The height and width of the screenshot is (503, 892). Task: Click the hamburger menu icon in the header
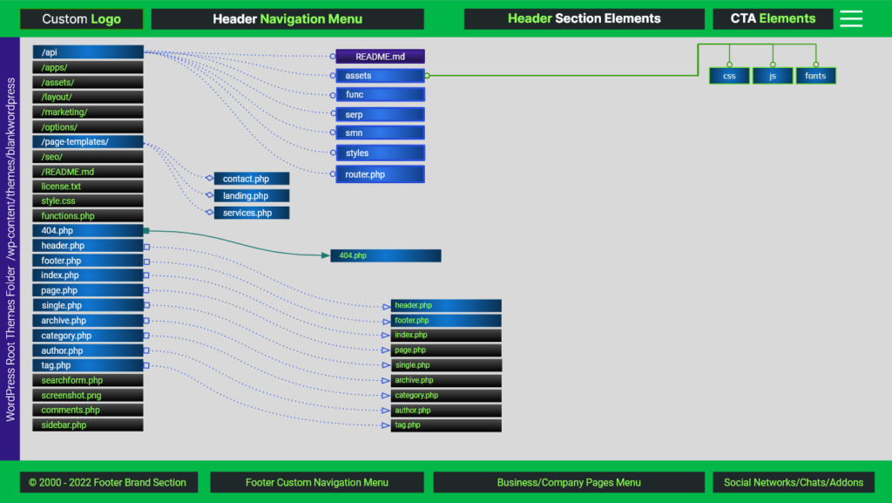pos(851,19)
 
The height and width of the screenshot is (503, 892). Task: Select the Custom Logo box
pos(82,19)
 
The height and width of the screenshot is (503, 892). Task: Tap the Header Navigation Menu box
pos(287,19)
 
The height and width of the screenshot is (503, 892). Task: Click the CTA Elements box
pos(773,19)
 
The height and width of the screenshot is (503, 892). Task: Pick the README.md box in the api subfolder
pos(380,57)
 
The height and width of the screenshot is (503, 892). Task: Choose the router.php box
pos(380,174)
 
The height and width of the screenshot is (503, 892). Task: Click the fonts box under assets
pos(815,76)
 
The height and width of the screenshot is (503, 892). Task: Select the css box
pos(729,76)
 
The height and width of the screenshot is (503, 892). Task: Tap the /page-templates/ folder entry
pos(87,142)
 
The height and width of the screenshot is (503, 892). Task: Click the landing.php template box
pos(251,196)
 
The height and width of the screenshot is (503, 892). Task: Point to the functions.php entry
pos(87,216)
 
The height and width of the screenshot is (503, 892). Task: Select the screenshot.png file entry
pos(87,395)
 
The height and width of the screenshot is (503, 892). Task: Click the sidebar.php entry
pos(87,425)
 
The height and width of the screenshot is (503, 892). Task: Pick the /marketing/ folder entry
pos(87,112)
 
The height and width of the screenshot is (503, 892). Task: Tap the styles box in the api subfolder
pos(380,153)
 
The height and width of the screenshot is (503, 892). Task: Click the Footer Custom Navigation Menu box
pos(317,482)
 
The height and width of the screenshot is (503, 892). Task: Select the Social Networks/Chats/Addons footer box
pos(794,482)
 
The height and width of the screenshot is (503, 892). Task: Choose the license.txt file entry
pos(87,187)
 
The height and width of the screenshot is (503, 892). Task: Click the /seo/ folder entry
pos(87,157)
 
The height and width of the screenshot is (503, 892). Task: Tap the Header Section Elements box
pos(584,19)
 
